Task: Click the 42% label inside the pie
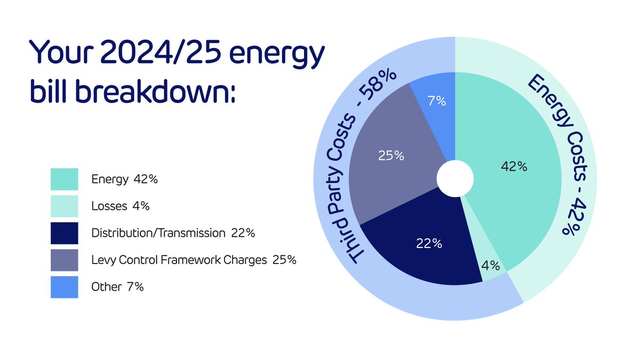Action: [514, 166]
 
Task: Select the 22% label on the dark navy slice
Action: [429, 244]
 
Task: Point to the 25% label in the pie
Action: [390, 156]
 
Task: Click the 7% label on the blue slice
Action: [437, 100]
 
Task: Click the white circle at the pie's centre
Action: [455, 179]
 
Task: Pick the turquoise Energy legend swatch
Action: [65, 179]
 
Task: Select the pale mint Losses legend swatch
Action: [65, 206]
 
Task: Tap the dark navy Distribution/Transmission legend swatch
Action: [65, 233]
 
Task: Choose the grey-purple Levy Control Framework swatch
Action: [65, 260]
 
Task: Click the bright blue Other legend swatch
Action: [65, 287]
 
